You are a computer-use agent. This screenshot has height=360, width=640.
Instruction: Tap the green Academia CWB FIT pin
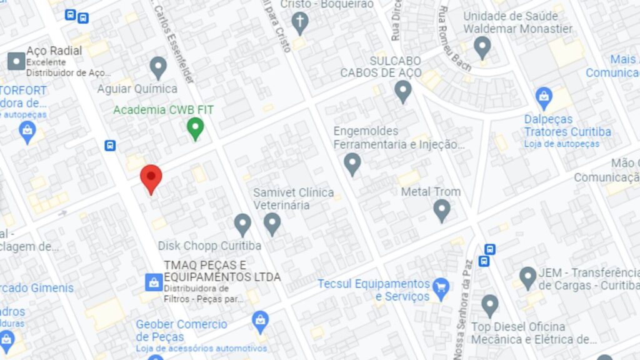[x=196, y=129]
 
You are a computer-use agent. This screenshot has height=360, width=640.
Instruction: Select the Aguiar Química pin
[x=158, y=67]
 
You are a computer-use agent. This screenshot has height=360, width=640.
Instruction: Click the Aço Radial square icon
[x=16, y=61]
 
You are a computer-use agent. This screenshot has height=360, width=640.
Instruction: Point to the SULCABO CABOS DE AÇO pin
[x=403, y=91]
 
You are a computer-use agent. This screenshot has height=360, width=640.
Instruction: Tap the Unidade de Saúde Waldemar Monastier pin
[x=482, y=47]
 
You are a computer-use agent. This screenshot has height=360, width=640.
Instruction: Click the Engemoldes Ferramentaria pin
[x=352, y=164]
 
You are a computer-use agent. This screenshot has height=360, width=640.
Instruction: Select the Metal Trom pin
[x=442, y=210]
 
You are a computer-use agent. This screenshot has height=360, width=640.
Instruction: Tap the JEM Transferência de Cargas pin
[x=528, y=277]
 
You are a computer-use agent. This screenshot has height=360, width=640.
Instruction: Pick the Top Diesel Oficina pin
[x=490, y=306]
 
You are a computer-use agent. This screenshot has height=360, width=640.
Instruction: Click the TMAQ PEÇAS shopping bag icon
[x=153, y=282]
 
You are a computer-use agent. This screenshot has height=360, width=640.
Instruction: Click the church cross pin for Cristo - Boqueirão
[x=300, y=23]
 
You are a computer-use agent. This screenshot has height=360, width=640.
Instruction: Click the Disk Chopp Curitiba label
[x=209, y=246]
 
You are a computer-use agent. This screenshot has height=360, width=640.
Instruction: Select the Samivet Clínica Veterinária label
[x=293, y=198]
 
